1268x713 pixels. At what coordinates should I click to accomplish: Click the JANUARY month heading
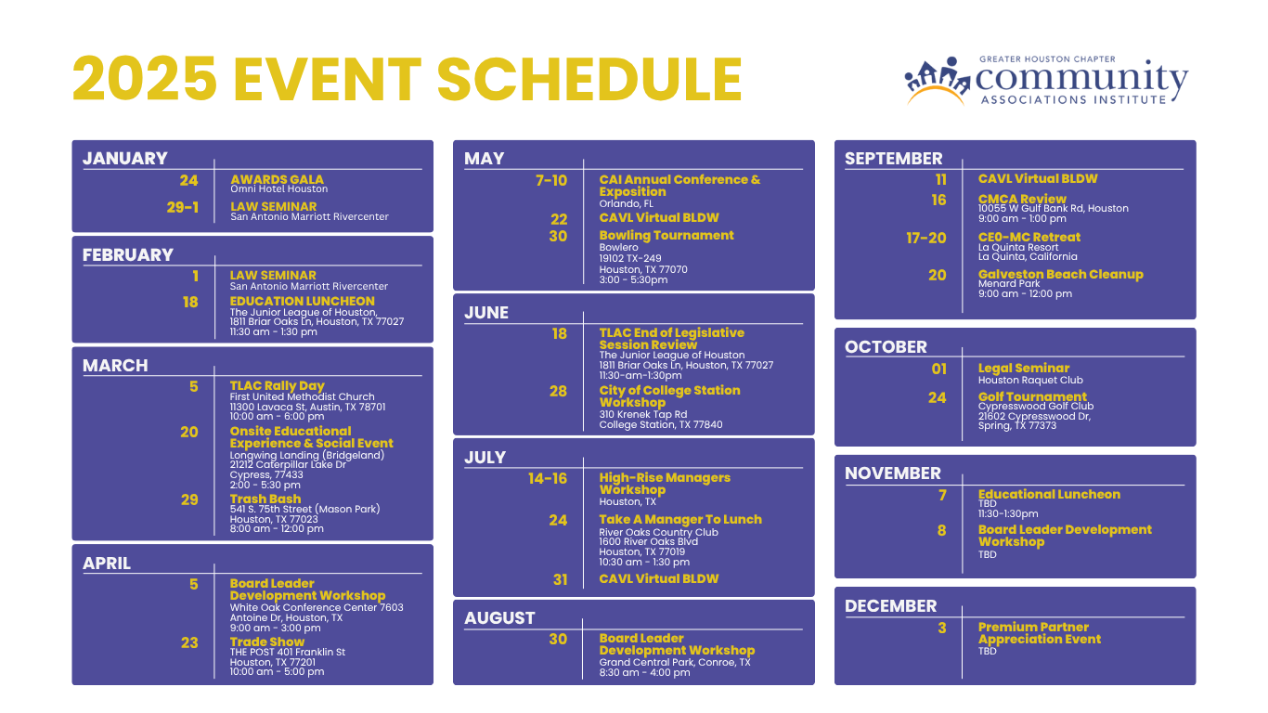click(x=125, y=158)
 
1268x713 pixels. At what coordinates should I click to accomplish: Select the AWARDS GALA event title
click(x=277, y=179)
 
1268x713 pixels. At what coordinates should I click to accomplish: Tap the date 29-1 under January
click(x=182, y=207)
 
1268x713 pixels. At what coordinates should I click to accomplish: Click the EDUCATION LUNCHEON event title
click(x=302, y=301)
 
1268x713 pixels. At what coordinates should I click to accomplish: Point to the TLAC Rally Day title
click(x=277, y=386)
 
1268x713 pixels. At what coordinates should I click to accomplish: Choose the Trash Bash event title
click(x=265, y=499)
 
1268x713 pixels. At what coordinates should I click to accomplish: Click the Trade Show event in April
click(x=266, y=642)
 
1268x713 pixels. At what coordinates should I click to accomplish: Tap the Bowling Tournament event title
click(x=666, y=235)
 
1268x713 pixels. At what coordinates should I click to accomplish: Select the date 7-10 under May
click(x=550, y=180)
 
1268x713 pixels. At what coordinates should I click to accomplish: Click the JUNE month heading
click(x=486, y=313)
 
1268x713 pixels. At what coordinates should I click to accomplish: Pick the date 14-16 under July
click(x=547, y=478)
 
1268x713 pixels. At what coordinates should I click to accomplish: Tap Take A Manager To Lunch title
click(x=680, y=519)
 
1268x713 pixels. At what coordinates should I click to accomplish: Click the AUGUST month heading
click(x=499, y=618)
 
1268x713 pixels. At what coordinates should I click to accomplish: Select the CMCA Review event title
click(x=1022, y=199)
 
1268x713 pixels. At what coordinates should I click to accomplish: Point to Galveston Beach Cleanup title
click(x=1060, y=274)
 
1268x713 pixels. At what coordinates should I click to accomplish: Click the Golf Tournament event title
click(x=1032, y=396)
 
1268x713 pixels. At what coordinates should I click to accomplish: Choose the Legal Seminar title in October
click(x=1024, y=369)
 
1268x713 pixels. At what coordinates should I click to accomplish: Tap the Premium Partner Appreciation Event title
click(x=1040, y=633)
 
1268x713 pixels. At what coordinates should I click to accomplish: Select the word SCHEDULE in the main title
click(x=589, y=79)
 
